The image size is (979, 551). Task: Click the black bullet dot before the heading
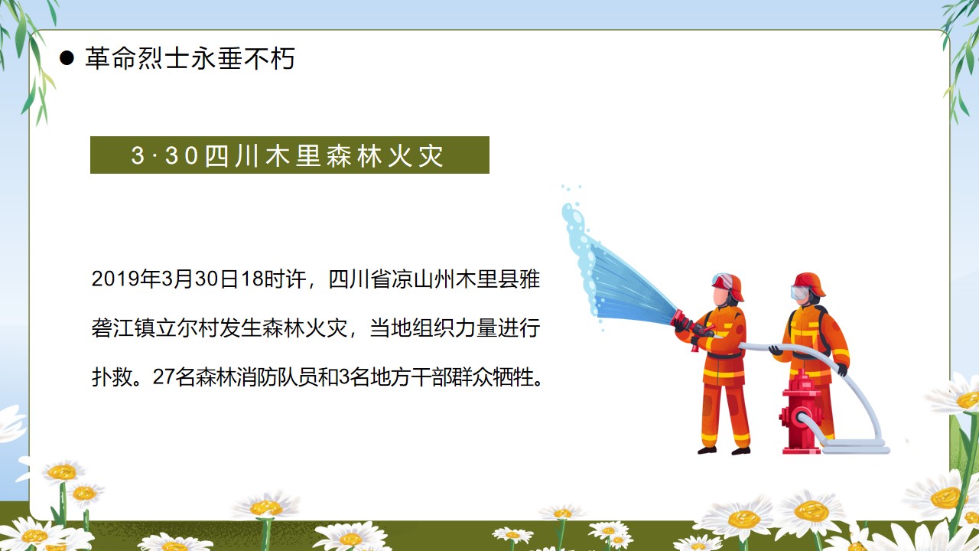[x=67, y=58]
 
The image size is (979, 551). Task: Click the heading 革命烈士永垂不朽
[x=190, y=58]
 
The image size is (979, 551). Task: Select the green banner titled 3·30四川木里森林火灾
[x=290, y=155]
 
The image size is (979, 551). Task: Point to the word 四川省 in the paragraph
[x=359, y=279]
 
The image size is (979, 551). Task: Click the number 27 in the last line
[x=164, y=377]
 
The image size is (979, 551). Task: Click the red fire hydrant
[x=801, y=412]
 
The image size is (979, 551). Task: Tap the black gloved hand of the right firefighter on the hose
[x=842, y=370]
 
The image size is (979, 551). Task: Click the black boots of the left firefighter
[x=724, y=450]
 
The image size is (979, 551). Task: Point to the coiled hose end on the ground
[x=854, y=447]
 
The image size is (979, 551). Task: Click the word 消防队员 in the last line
[x=278, y=377]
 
